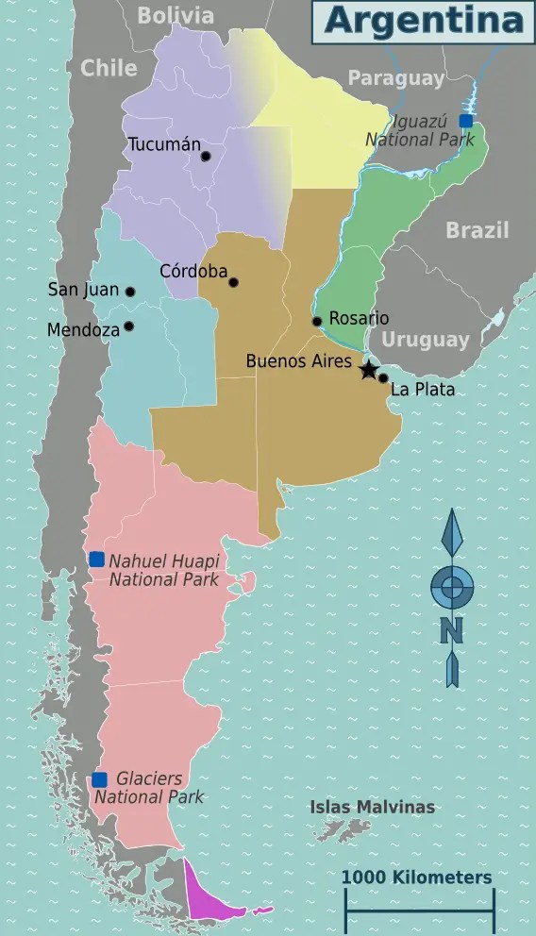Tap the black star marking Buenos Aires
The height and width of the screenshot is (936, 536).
coord(368,370)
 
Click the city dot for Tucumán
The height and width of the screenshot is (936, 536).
coord(206,156)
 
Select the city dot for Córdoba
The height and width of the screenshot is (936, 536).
coord(233,282)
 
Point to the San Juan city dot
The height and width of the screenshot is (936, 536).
coord(130,292)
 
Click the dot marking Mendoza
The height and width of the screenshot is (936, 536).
coord(128,326)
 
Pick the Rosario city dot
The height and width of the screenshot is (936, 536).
coord(317,322)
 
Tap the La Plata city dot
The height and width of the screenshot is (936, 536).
coord(383,378)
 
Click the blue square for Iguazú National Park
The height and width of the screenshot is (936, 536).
coord(465,121)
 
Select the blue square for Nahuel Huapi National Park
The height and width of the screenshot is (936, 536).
coord(96,560)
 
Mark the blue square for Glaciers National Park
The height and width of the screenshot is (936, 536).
coord(99,779)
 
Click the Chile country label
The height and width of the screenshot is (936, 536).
coord(109,67)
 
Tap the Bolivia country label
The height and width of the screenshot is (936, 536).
coord(176,14)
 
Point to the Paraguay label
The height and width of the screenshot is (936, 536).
coord(395,78)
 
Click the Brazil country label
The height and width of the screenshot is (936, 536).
coord(477,229)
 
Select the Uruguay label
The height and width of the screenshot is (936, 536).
coord(426,340)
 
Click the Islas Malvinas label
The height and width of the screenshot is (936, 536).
coord(373,807)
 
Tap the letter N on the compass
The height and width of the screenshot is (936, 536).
coord(452,629)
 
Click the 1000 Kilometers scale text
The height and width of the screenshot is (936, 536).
coord(416,877)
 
